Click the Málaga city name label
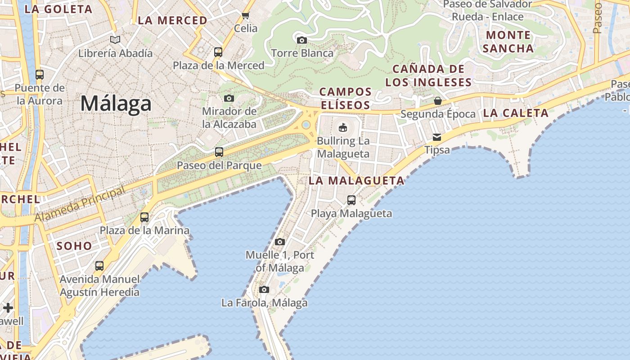[x=116, y=104]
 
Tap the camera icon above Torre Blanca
[x=302, y=40]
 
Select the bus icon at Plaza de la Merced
[x=218, y=52]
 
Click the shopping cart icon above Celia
[x=246, y=16]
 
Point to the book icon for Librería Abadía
[x=115, y=40]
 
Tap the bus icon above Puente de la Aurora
[x=40, y=75]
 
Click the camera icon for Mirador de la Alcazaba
[x=229, y=98]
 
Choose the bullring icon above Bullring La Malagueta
[x=343, y=127]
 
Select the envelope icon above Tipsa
[x=437, y=137]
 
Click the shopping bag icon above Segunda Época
[x=438, y=101]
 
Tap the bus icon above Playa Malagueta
[x=351, y=200]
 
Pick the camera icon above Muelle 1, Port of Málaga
[x=280, y=242]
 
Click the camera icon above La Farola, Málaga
[x=264, y=289]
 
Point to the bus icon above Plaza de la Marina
[x=144, y=217]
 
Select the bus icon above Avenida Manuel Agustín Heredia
[x=99, y=266]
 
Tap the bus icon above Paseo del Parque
[x=219, y=152]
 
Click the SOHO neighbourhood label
[x=74, y=246]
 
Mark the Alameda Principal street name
[x=80, y=204]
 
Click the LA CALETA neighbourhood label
[x=516, y=113]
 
